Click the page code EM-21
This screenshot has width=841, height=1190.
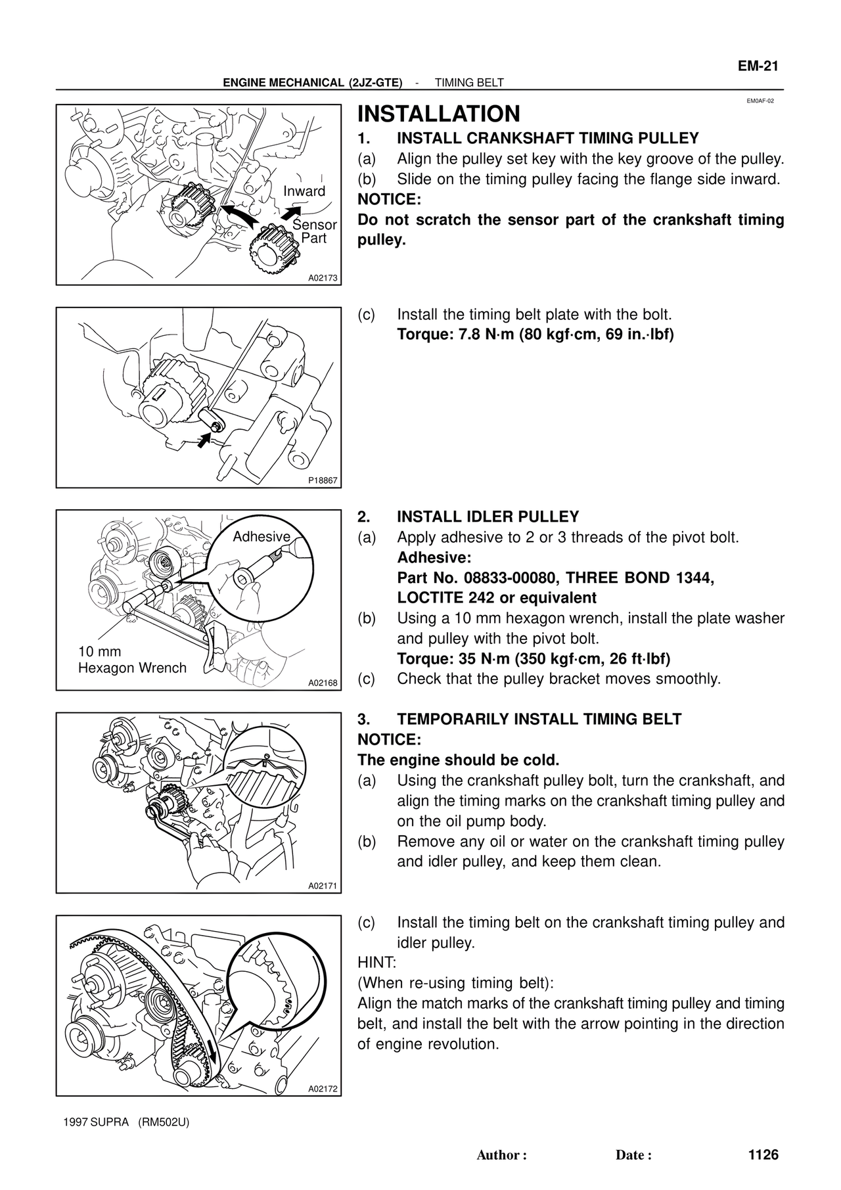757,66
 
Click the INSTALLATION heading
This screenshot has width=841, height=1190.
438,114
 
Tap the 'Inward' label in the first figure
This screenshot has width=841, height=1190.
304,191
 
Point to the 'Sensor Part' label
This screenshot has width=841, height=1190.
315,231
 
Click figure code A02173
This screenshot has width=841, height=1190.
323,278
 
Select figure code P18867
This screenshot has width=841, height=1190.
323,480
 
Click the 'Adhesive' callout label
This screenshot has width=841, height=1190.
261,537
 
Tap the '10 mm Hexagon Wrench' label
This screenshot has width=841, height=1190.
132,660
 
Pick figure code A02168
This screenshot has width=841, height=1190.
323,683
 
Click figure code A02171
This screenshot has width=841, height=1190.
323,886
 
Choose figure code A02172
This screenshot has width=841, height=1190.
323,1089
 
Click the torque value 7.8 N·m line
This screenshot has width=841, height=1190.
535,334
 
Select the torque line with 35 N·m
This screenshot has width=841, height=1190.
534,658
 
